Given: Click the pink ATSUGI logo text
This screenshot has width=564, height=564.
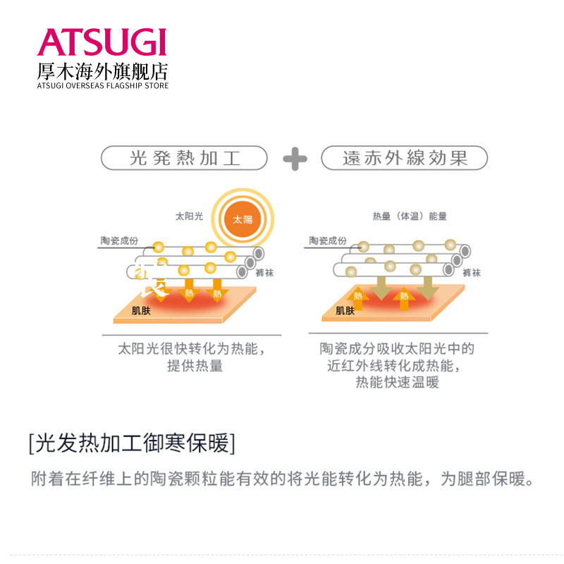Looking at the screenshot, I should click(x=102, y=42).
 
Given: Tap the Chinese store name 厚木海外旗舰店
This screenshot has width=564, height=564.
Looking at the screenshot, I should click(x=102, y=71).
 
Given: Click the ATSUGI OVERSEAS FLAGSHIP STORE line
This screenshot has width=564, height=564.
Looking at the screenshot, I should click(x=102, y=86).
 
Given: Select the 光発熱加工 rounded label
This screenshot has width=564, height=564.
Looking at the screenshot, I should click(x=185, y=158).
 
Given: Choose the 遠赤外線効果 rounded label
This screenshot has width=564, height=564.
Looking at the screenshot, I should click(x=405, y=158).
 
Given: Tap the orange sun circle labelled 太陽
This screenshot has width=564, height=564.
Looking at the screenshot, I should click(x=243, y=218).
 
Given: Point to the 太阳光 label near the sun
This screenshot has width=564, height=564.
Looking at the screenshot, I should click(x=189, y=216).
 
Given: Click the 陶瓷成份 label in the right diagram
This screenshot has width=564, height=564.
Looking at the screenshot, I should click(x=327, y=241).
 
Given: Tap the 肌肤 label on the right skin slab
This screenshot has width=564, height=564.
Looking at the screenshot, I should click(x=345, y=309).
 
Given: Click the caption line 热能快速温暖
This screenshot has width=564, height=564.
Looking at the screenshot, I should click(x=397, y=383).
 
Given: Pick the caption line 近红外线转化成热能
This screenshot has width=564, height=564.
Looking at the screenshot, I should click(x=397, y=366).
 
